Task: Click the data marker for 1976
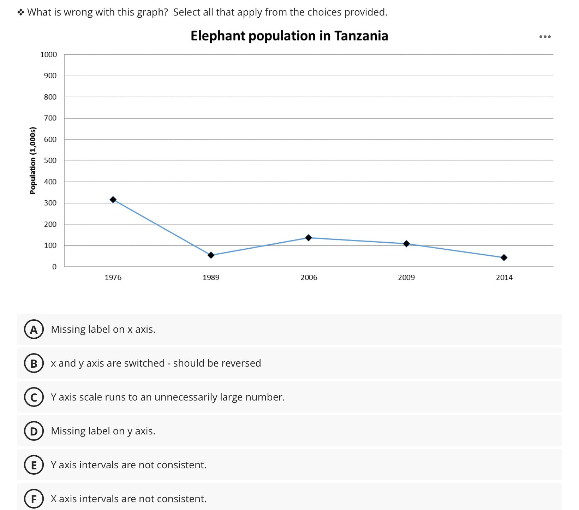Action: [113, 200]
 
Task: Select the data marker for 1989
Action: [211, 255]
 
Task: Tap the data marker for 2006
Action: [309, 238]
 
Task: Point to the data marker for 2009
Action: [406, 244]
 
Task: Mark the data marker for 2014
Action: [504, 257]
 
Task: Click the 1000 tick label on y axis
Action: [48, 54]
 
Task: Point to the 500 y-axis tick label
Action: [50, 160]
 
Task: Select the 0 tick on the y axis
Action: [54, 267]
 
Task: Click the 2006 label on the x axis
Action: [309, 277]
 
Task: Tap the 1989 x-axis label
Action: [211, 277]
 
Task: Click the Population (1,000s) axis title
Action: [33, 160]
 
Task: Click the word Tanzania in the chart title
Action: [361, 36]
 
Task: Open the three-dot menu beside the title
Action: [545, 37]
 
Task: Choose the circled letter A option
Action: [34, 329]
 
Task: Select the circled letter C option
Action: [34, 397]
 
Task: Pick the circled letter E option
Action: [34, 465]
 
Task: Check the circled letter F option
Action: [34, 499]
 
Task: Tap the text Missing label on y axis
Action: [103, 431]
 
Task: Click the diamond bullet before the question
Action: [21, 12]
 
